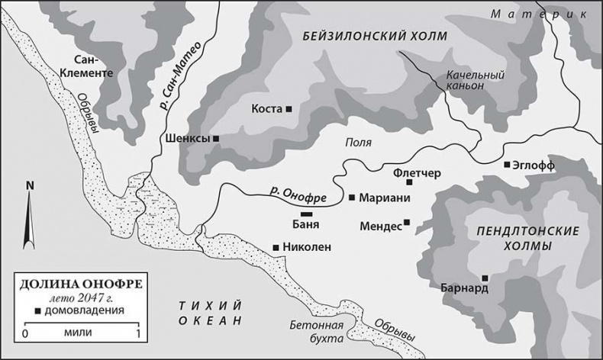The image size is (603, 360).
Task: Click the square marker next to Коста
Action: (x=289, y=110)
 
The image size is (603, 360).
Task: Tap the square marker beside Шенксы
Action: (x=217, y=139)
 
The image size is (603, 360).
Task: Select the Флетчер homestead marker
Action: (x=409, y=182)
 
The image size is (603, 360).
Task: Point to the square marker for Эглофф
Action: (x=506, y=164)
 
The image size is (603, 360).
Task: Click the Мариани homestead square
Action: (x=351, y=198)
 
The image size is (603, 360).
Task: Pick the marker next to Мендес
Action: (x=407, y=223)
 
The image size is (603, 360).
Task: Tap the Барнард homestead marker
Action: (x=485, y=278)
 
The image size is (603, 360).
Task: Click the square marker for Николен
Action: (x=276, y=247)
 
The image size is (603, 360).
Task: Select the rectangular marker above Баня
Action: (x=307, y=214)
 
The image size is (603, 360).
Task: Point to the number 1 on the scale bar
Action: (x=137, y=334)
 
